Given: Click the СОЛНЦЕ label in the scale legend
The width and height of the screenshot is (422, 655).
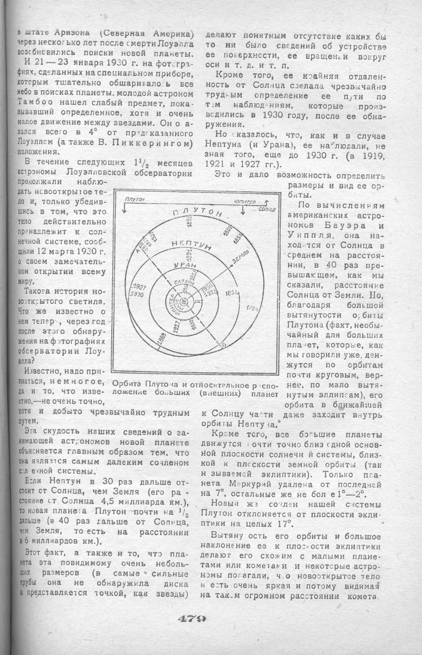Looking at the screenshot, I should click(x=267, y=209).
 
